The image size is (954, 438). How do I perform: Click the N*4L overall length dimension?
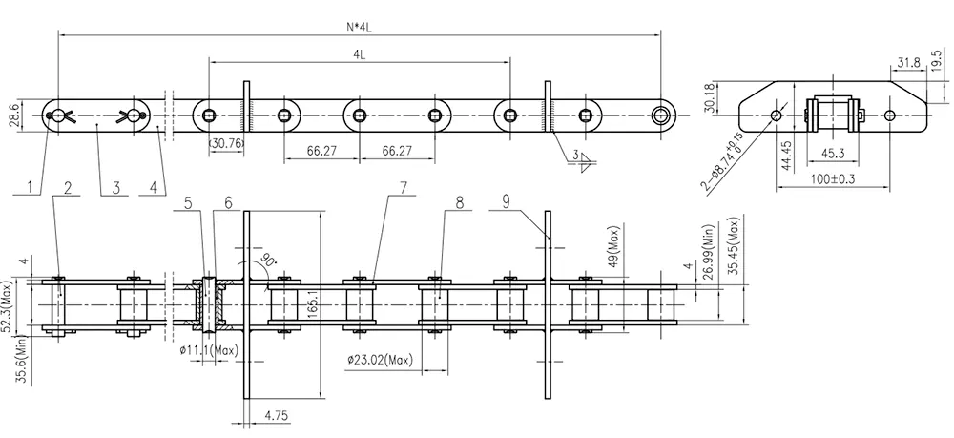(x=360, y=28)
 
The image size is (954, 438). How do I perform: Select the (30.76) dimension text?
(x=225, y=143)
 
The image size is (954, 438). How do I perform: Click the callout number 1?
(x=33, y=187)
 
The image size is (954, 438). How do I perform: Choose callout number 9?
(x=507, y=200)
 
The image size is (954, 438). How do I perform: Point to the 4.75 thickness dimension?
(x=278, y=415)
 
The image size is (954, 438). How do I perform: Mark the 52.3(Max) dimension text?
(x=10, y=305)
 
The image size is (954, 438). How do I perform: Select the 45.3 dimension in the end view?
(x=829, y=153)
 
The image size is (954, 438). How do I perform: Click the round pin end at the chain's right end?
(x=660, y=116)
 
